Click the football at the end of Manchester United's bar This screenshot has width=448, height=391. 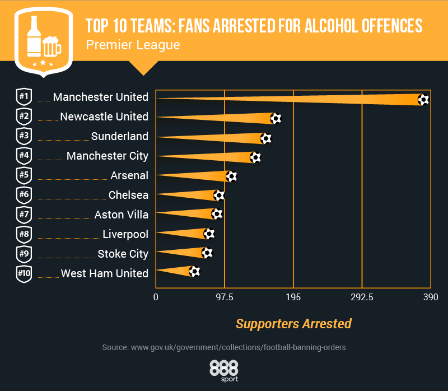point(423,100)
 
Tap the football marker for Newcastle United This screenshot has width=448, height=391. point(275,118)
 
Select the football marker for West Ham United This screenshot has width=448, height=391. point(194,272)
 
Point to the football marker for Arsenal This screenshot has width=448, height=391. point(231,176)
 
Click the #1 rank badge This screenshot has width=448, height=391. point(24,97)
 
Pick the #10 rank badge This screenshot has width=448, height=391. point(24,273)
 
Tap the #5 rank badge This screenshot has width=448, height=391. point(24,175)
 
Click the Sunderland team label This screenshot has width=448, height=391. point(120,136)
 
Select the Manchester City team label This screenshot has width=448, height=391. point(108,156)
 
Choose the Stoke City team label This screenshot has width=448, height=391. point(123,254)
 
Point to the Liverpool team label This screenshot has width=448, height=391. point(125,234)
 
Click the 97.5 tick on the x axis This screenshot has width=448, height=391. point(225,297)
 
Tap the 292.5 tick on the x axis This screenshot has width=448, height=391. point(362,297)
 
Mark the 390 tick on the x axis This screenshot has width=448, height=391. point(430,297)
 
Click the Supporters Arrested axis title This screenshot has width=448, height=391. point(293,324)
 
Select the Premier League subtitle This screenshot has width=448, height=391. point(133,45)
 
